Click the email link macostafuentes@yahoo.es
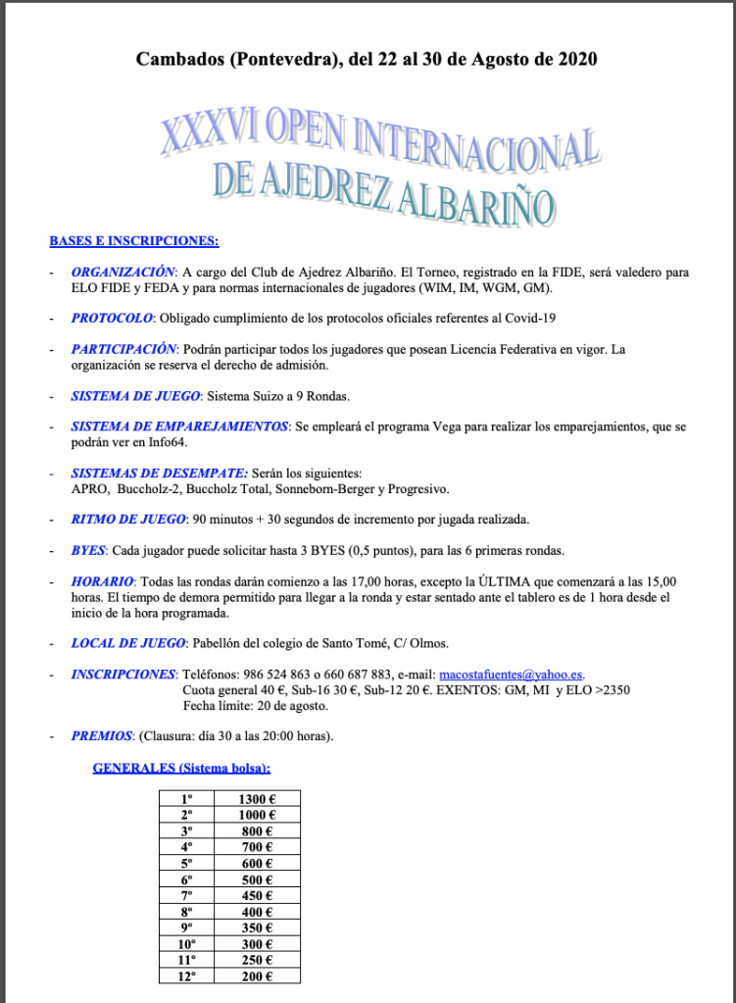click(x=511, y=675)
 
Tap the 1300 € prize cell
click(x=257, y=799)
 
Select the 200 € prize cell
click(x=257, y=976)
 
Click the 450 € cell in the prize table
click(x=257, y=895)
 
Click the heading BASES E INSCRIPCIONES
click(x=134, y=240)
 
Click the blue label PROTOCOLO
click(x=112, y=318)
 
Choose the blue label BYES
click(x=88, y=550)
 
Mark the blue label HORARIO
click(x=100, y=581)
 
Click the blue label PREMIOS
click(x=101, y=736)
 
